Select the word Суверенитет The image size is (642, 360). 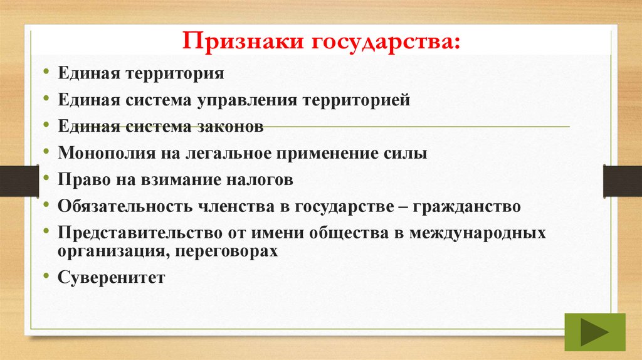tap(112, 277)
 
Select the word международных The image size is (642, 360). tap(477, 233)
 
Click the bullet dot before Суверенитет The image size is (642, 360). tap(48, 275)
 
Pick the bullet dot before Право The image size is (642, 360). tap(48, 178)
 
